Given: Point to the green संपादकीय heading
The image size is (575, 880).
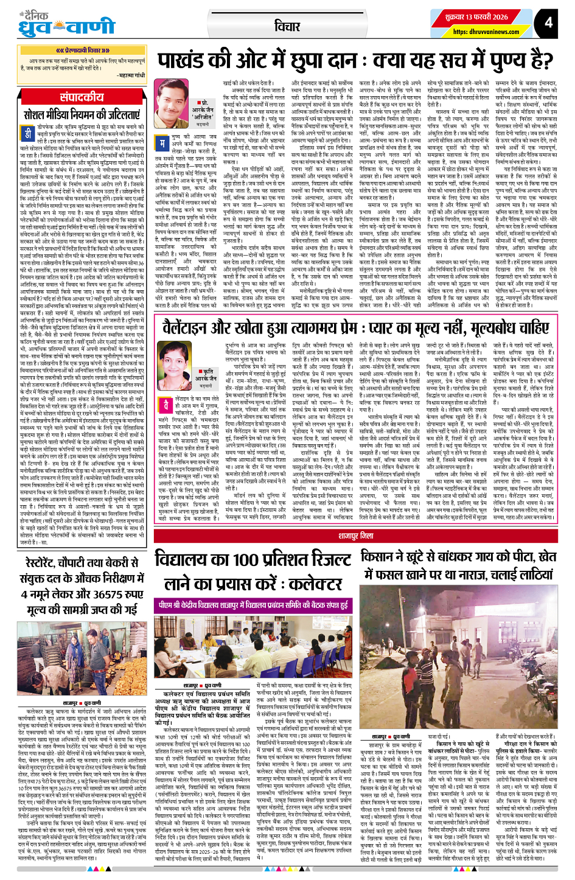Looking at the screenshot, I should [x=82, y=97].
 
